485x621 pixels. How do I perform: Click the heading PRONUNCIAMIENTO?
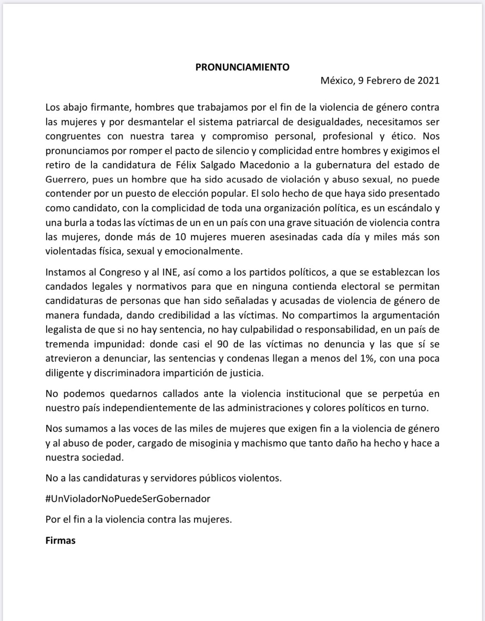(x=242, y=67)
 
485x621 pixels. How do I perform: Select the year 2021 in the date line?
(x=428, y=81)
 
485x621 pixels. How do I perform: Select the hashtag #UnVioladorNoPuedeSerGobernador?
(x=128, y=499)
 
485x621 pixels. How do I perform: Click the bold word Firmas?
(x=60, y=540)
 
